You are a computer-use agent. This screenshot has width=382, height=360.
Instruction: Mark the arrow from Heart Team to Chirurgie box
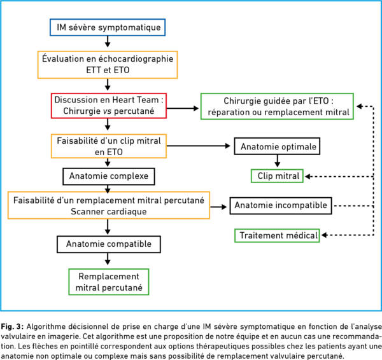[183, 108]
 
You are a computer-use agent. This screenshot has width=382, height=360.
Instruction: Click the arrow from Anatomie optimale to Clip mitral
[277, 161]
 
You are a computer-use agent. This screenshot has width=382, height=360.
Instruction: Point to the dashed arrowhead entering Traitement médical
[324, 235]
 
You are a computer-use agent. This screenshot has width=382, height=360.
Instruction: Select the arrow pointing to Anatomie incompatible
[218, 207]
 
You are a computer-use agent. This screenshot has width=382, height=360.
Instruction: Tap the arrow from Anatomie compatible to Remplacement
[108, 259]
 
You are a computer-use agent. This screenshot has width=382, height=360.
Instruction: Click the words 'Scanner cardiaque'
[109, 211]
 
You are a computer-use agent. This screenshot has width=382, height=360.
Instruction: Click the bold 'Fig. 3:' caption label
[12, 327]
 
